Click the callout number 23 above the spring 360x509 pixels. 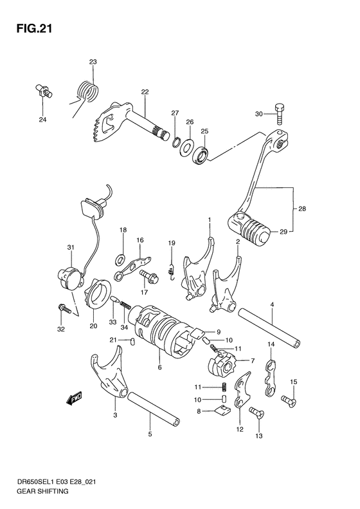[x=93, y=62]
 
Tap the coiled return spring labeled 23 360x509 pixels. [x=86, y=89]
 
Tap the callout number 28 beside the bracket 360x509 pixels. [x=303, y=208]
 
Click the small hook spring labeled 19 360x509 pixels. [x=172, y=264]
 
